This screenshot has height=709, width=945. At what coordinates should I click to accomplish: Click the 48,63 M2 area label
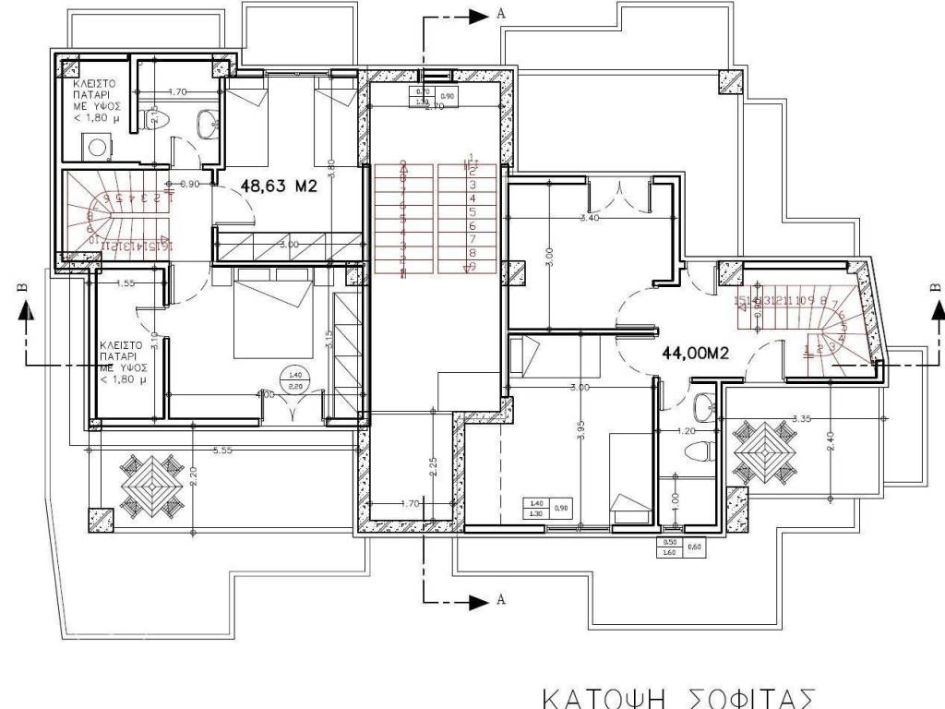(279, 185)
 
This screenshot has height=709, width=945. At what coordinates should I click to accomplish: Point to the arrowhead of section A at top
(476, 15)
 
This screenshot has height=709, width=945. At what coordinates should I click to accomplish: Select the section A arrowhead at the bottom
(476, 602)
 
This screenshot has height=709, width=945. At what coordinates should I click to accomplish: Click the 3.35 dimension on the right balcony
(801, 418)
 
